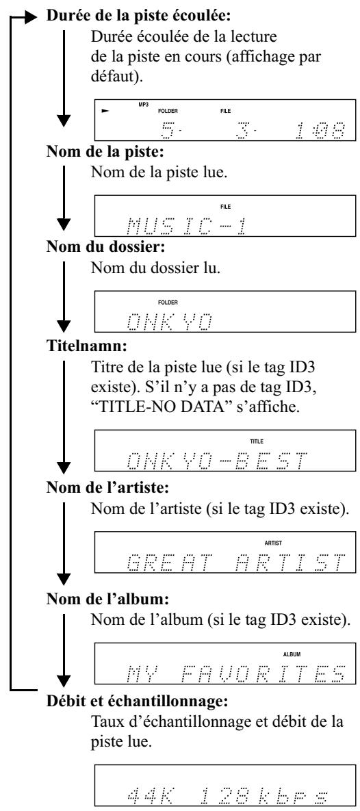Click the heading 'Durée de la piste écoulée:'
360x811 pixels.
click(x=139, y=16)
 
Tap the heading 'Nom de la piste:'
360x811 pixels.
click(x=104, y=155)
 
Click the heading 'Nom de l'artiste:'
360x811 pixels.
click(x=110, y=489)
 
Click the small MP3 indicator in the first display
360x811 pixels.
click(x=143, y=104)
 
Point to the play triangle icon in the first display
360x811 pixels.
click(x=106, y=110)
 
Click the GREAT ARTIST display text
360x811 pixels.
click(x=235, y=562)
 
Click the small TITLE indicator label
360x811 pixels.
click(x=257, y=441)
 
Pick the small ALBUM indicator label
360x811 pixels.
click(x=292, y=654)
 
